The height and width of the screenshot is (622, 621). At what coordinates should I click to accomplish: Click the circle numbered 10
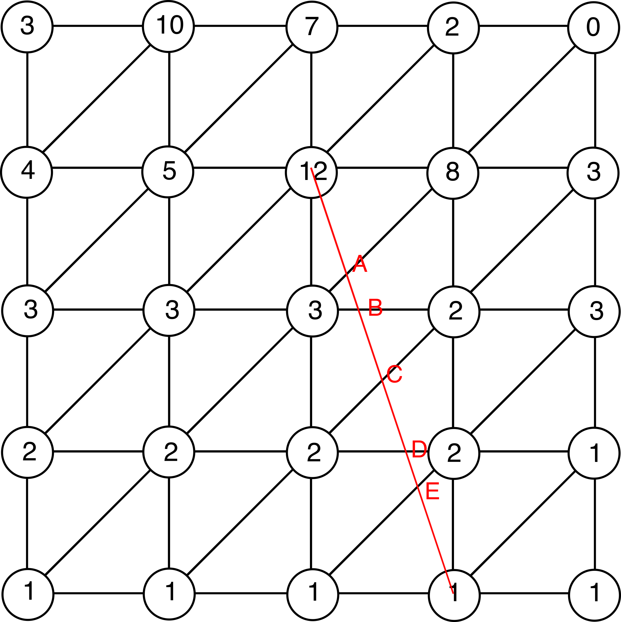(x=168, y=26)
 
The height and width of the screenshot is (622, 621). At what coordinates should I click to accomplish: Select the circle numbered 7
(x=312, y=27)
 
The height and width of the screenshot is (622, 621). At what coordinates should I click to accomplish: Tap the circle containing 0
(x=593, y=28)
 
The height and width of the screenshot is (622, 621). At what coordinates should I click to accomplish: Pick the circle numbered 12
(x=311, y=172)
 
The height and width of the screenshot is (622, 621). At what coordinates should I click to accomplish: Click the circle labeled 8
(x=453, y=173)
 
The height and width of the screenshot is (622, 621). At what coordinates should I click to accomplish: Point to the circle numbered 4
(x=26, y=172)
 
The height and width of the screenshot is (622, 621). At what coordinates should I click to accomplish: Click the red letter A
(x=360, y=264)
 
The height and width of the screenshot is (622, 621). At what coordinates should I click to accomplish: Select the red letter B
(x=375, y=307)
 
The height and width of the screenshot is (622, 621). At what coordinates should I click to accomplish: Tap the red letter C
(x=394, y=374)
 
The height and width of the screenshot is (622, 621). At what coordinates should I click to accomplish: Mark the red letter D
(x=419, y=449)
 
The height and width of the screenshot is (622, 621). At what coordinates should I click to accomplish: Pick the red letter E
(x=432, y=491)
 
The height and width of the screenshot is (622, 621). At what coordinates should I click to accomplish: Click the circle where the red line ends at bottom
(x=454, y=595)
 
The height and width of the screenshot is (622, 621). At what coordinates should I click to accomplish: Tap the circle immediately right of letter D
(x=454, y=453)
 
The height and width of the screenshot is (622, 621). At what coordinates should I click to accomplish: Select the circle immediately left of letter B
(x=312, y=311)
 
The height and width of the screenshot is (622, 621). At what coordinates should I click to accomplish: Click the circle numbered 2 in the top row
(x=453, y=28)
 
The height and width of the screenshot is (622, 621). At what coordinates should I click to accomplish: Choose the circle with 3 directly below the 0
(x=593, y=173)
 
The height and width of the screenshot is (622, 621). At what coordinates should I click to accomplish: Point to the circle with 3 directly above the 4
(x=27, y=27)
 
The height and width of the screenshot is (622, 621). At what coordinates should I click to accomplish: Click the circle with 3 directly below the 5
(x=169, y=310)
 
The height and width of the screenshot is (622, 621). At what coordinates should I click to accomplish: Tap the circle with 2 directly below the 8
(x=454, y=312)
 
